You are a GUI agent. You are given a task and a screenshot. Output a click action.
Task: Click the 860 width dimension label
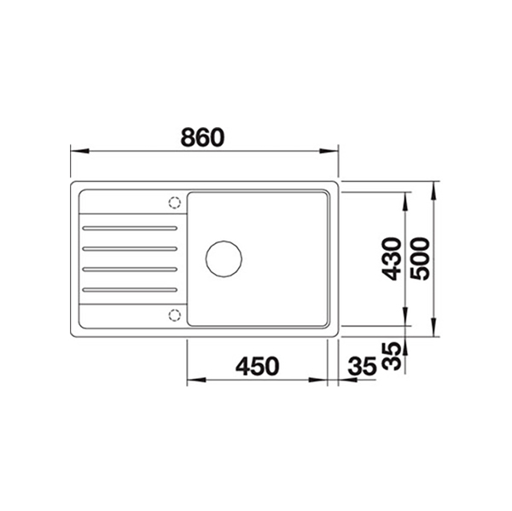[202, 137]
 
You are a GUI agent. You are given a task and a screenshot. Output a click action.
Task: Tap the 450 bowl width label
[258, 366]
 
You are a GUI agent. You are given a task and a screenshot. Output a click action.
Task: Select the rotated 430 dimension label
[392, 259]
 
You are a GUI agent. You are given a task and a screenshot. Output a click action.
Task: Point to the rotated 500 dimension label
[420, 259]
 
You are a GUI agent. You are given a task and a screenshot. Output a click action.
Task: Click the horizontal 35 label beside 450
[362, 366]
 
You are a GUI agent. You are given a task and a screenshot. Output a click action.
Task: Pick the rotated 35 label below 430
[392, 356]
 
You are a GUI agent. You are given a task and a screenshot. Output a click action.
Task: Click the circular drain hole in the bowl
[224, 259]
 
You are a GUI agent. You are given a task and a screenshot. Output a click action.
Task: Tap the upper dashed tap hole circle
[175, 203]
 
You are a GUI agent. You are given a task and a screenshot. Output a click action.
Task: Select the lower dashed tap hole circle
[175, 315]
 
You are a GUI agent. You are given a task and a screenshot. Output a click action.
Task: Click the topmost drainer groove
[130, 229]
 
